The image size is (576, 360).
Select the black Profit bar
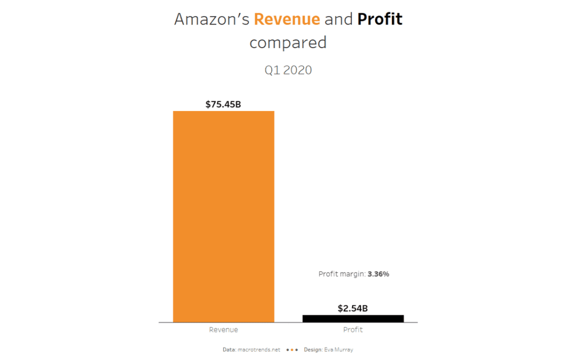pyautogui.click(x=353, y=318)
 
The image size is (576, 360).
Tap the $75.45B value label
pyautogui.click(x=223, y=104)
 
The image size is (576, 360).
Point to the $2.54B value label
pyautogui.click(x=353, y=308)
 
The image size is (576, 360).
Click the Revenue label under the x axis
pyautogui.click(x=223, y=330)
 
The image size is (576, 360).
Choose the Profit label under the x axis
pyautogui.click(x=353, y=330)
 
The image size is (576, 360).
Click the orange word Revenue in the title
pyautogui.click(x=287, y=19)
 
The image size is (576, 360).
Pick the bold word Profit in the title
pyautogui.click(x=380, y=19)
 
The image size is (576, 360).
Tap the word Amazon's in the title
pyautogui.click(x=212, y=19)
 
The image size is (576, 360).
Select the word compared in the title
pyautogui.click(x=288, y=43)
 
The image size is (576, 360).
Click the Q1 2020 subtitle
pyautogui.click(x=288, y=70)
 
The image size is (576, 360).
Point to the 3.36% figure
pyautogui.click(x=379, y=274)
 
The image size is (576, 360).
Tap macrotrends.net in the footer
pyautogui.click(x=259, y=350)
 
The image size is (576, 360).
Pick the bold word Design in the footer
pyautogui.click(x=313, y=350)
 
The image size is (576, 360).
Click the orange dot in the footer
pyautogui.click(x=292, y=350)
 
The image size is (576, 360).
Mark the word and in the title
pyautogui.click(x=339, y=19)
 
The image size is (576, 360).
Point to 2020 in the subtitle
pyautogui.click(x=298, y=70)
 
